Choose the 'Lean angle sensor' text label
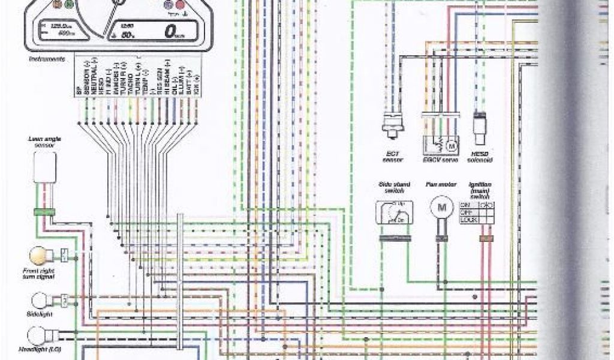pos(45,142)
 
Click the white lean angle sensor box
pos(45,167)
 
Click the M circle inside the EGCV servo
pos(451,145)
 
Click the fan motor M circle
pos(443,207)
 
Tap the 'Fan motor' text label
pos(441,186)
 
